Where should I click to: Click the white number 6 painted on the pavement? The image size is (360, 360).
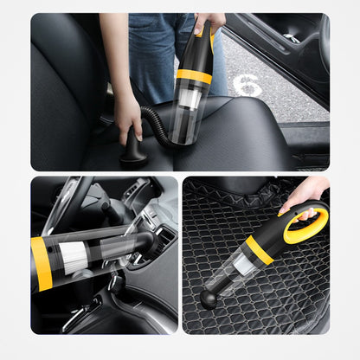[247, 85]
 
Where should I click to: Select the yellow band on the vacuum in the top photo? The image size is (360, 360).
[194, 76]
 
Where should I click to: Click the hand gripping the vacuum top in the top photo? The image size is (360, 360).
[208, 23]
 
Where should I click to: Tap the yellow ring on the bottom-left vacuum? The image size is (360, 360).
[41, 263]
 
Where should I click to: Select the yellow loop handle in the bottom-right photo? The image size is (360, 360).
[307, 225]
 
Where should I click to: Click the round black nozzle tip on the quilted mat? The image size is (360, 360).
[209, 299]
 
